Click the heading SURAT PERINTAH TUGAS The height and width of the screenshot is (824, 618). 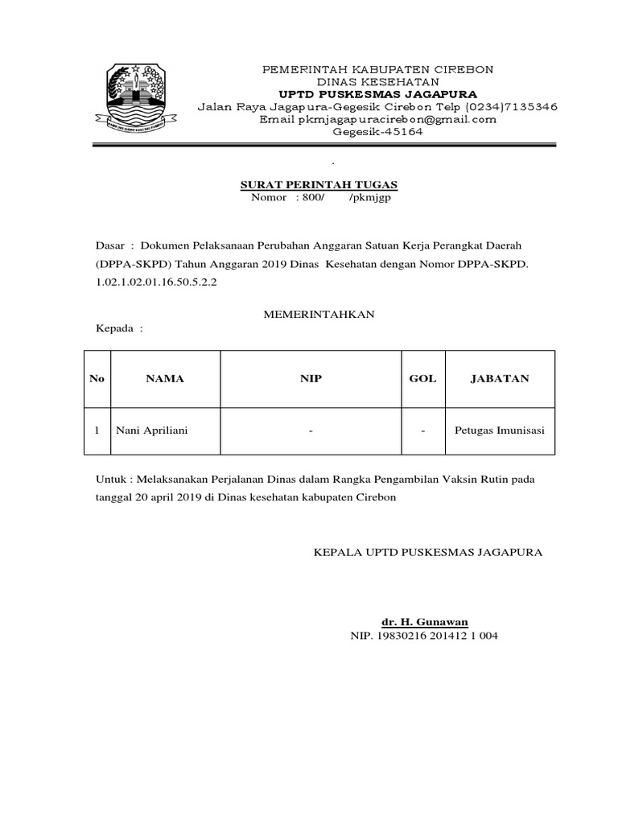[320, 185]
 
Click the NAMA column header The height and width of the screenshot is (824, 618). [164, 378]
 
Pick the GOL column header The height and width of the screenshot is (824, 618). [422, 378]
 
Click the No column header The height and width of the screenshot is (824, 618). [97, 378]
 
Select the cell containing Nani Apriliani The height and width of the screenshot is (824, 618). [152, 431]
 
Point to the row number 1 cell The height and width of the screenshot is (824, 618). [97, 431]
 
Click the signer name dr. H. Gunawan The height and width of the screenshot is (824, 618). [424, 622]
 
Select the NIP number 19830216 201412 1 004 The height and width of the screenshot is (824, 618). [424, 635]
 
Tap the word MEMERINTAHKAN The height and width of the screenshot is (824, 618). [319, 315]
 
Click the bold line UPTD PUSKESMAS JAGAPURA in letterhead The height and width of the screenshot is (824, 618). [378, 93]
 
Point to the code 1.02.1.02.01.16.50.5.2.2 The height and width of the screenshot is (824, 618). [157, 283]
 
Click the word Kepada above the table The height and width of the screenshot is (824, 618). [115, 328]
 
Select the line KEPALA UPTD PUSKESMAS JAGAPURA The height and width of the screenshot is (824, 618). [427, 552]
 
